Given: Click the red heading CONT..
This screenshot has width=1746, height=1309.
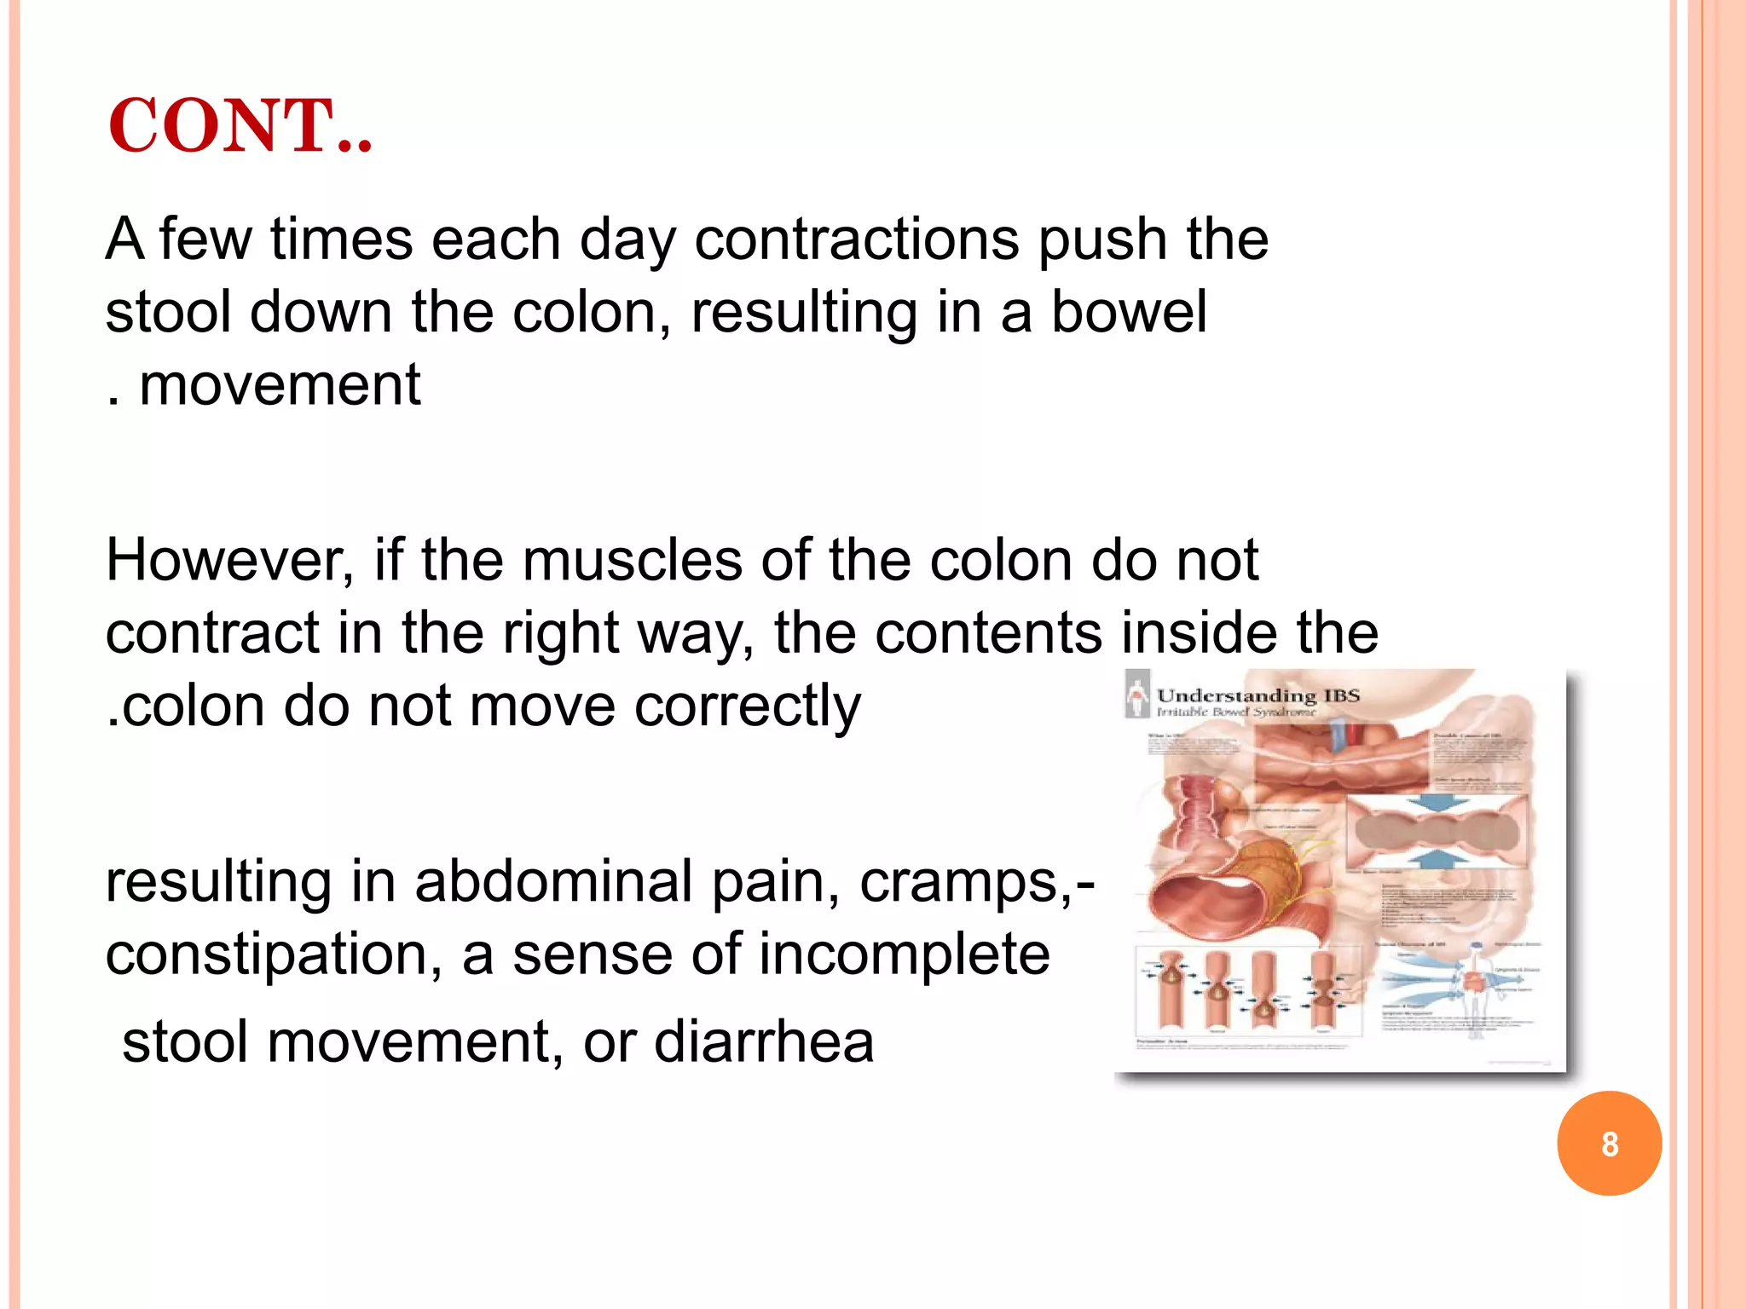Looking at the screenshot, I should point(240,126).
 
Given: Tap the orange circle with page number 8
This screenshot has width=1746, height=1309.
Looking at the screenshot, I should point(1609,1143).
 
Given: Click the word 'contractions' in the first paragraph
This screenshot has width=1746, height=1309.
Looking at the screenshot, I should point(856,239).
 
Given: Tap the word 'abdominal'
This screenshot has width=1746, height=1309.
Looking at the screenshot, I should point(552,881).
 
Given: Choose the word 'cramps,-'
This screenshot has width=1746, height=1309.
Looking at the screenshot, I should point(977,883).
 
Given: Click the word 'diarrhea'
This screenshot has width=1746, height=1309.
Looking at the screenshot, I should point(764,1041).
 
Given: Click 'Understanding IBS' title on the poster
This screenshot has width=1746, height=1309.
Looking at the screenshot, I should point(1257,696).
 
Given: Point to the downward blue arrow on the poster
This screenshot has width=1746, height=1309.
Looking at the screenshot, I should point(1438,803).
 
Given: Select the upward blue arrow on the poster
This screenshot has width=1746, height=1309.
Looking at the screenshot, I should point(1438,857).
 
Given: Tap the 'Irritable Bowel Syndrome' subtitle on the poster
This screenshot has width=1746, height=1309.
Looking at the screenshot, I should point(1236,712).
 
